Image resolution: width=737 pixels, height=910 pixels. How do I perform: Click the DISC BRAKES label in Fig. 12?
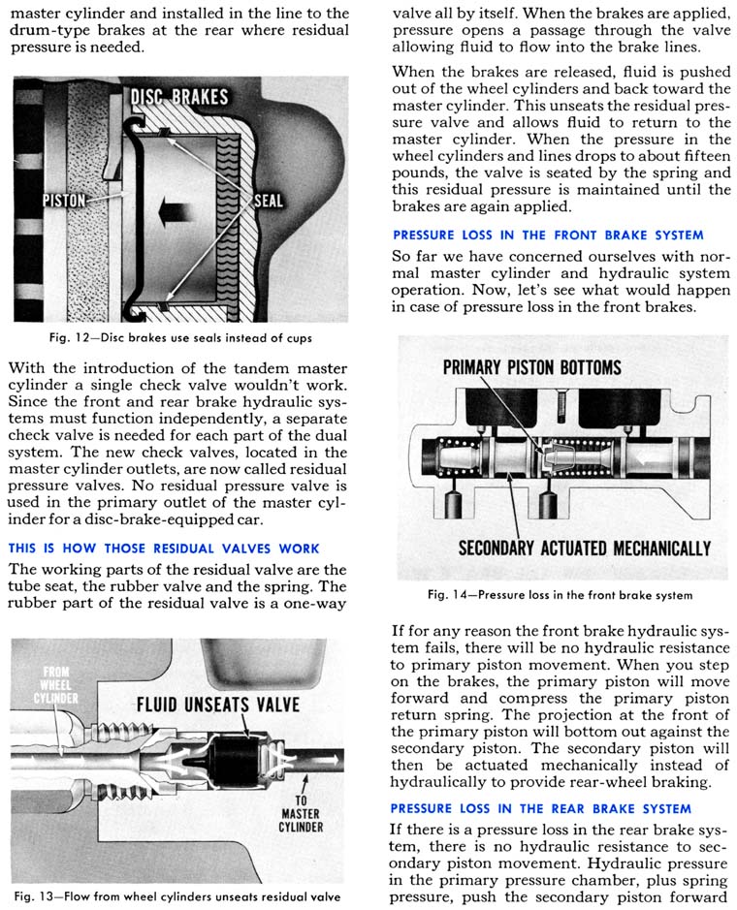coord(178,96)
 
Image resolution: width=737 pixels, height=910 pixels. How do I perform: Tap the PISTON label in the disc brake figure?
coord(64,201)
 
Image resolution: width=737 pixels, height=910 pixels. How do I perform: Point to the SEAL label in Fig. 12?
coord(269,202)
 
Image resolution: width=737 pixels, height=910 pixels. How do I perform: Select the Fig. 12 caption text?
coord(180,338)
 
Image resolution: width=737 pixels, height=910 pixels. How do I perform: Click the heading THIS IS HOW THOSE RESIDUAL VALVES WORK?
coord(164,549)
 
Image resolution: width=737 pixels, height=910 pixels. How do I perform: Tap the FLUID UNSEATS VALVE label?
coord(218,705)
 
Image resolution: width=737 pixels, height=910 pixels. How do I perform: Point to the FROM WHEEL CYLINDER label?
coord(55,685)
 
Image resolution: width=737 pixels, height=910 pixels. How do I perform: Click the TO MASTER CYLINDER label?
coord(301,814)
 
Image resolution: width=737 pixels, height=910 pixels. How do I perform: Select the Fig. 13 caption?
coord(177,896)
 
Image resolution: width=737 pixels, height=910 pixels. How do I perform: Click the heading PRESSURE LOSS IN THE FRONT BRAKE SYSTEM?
coord(548,235)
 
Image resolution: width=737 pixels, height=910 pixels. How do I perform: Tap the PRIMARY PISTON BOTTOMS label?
coord(532,367)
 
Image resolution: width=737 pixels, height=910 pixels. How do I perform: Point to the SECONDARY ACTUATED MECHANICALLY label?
coord(585,549)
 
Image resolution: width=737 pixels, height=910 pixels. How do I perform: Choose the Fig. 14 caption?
coord(560,595)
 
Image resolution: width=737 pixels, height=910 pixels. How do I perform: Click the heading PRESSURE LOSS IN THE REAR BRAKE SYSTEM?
coord(541,808)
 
